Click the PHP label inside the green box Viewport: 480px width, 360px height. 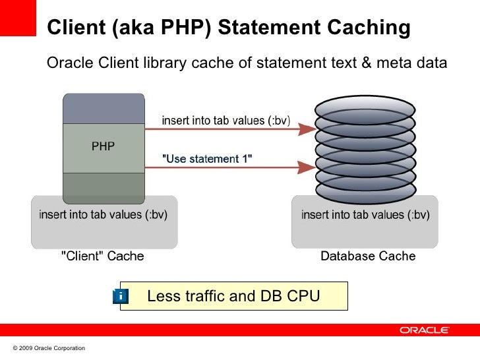tap(103, 147)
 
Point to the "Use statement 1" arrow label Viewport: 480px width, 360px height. tap(208, 159)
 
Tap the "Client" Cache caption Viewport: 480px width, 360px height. tap(102, 256)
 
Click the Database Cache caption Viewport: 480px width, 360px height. tap(368, 256)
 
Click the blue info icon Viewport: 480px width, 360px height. tap(121, 297)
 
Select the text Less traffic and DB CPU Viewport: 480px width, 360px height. tap(233, 297)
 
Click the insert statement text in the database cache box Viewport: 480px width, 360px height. tap(365, 214)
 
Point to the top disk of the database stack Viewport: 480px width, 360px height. tap(365, 105)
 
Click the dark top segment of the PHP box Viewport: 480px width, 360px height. tap(104, 108)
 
